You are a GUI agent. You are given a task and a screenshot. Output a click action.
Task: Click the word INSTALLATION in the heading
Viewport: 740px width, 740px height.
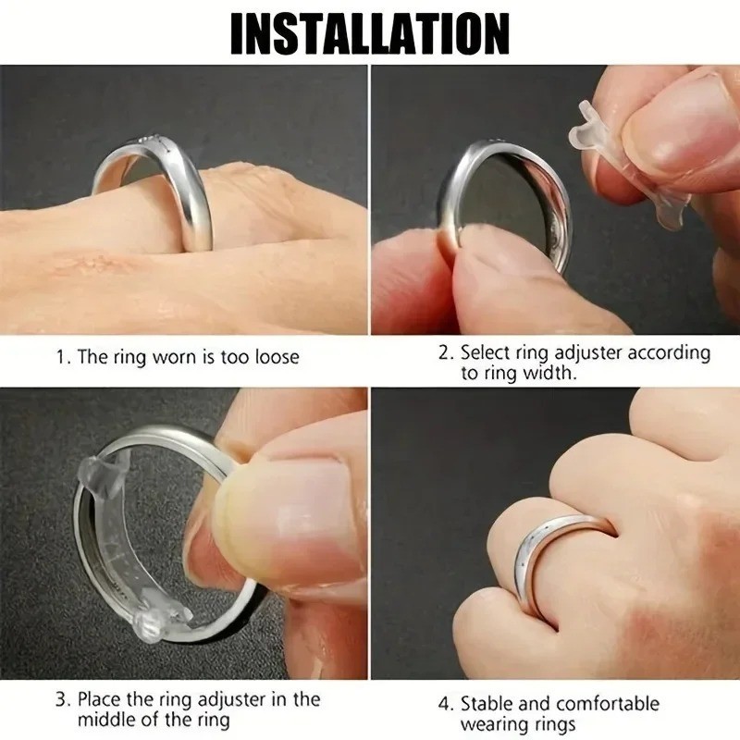pyautogui.click(x=369, y=33)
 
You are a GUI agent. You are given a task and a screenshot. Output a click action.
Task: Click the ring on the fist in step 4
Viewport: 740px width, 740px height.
pyautogui.click(x=546, y=555)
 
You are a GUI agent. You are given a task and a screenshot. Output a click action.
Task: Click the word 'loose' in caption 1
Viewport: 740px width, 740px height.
pyautogui.click(x=273, y=357)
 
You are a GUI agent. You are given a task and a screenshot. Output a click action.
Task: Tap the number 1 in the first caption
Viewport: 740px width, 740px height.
pyautogui.click(x=61, y=357)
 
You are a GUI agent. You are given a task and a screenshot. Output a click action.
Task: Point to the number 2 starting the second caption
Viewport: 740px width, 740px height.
pyautogui.click(x=444, y=352)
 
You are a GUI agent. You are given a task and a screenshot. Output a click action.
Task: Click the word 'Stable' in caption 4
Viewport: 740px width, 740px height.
pyautogui.click(x=489, y=704)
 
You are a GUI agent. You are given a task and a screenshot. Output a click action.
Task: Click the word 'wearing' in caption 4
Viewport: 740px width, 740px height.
pyautogui.click(x=493, y=725)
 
